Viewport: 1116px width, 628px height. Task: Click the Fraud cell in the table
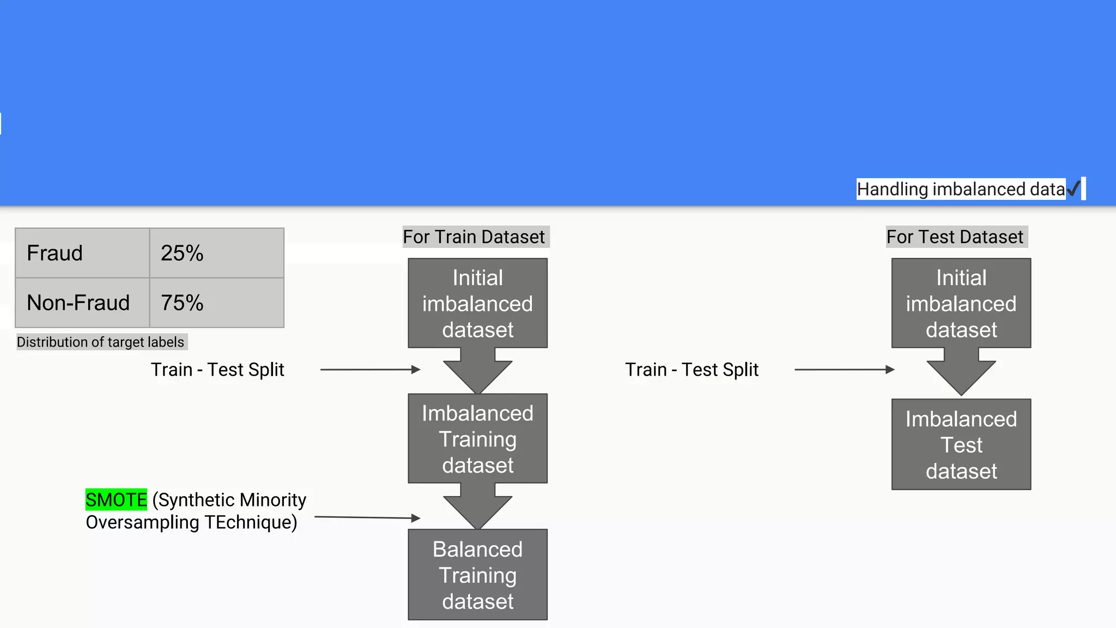tap(82, 253)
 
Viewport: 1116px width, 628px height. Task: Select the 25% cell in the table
tap(216, 253)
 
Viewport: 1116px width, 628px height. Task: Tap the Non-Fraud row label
tap(82, 303)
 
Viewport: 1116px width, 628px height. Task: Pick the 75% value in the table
tap(216, 303)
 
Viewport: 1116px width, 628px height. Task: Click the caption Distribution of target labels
tap(101, 342)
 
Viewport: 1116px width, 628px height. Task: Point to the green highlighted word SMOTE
tap(116, 499)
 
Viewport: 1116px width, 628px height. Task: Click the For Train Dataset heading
tap(474, 237)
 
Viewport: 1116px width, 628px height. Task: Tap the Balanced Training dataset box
tap(477, 575)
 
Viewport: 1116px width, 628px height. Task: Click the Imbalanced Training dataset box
tap(477, 439)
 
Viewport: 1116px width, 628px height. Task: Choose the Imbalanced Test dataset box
tap(961, 444)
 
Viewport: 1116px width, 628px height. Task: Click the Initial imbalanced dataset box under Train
tap(477, 303)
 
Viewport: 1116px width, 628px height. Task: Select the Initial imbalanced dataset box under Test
tap(961, 303)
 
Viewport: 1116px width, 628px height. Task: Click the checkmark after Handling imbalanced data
tap(1073, 189)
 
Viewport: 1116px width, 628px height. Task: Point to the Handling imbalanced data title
tap(960, 189)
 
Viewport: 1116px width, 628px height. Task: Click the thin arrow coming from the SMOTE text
tap(367, 517)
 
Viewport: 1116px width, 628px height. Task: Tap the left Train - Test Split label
tap(217, 370)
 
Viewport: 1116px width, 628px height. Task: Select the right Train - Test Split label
tap(692, 370)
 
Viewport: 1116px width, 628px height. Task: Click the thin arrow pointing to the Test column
tap(844, 370)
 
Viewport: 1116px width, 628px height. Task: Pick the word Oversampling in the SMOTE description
tap(143, 522)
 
